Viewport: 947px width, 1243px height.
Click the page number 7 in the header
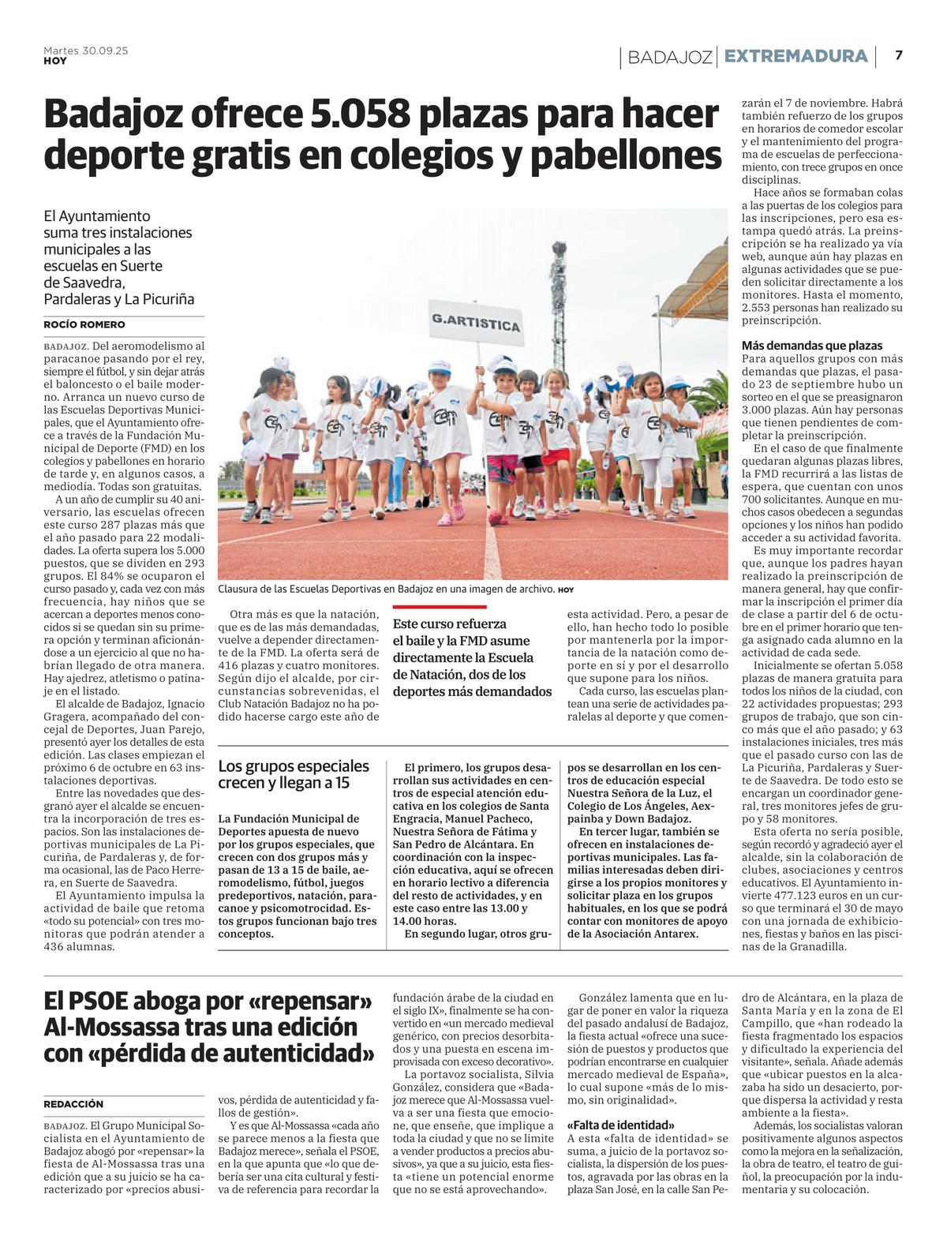point(898,55)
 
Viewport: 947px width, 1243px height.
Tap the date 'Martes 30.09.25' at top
point(85,51)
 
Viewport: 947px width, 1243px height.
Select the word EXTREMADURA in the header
point(795,56)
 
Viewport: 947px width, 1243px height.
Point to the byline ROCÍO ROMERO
point(84,324)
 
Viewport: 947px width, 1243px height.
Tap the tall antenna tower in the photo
point(559,300)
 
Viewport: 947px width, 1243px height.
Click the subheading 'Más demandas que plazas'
point(812,346)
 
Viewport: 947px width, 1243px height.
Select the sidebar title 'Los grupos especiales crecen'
point(294,774)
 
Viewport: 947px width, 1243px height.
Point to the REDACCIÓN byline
point(73,1104)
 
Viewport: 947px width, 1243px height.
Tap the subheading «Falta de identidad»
point(620,1125)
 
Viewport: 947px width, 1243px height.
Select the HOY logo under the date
point(54,61)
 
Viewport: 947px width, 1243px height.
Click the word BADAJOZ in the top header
point(669,57)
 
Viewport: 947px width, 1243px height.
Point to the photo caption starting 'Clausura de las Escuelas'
point(387,590)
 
